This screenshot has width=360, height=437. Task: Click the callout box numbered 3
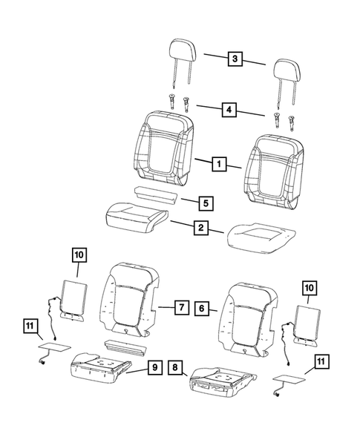pos(234,59)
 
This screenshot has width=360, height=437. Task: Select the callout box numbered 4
pos(229,110)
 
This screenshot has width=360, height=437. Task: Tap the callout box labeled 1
pos(218,163)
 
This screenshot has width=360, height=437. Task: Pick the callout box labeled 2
pos(199,229)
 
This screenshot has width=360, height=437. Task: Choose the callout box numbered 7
pos(180,306)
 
